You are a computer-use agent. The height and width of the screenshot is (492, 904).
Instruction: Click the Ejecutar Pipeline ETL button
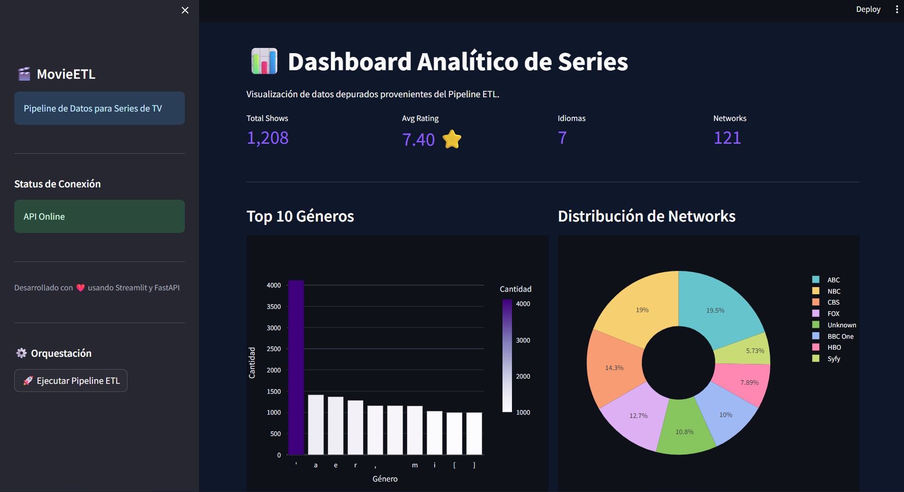point(71,381)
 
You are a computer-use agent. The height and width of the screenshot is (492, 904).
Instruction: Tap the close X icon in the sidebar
point(185,10)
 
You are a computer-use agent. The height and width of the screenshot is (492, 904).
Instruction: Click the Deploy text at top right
point(867,9)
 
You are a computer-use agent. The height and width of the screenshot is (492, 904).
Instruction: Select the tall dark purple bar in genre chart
point(296,368)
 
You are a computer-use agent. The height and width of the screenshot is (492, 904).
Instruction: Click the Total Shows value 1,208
point(267,138)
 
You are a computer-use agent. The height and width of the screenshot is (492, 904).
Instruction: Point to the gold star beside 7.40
point(452,139)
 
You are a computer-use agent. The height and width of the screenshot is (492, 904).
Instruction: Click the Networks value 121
point(727,138)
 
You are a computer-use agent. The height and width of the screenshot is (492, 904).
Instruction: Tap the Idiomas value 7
point(562,138)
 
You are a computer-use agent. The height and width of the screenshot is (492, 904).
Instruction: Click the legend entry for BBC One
point(840,336)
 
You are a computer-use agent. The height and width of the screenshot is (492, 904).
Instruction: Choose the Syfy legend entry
point(833,359)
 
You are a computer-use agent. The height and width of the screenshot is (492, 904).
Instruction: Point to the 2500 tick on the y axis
point(274,349)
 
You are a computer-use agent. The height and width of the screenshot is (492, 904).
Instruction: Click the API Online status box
point(100,216)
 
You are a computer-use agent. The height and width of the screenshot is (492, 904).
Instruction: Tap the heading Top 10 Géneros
point(300,216)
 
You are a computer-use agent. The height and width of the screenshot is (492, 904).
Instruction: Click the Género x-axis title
point(385,479)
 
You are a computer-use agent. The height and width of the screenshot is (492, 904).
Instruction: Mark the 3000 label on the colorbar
point(523,340)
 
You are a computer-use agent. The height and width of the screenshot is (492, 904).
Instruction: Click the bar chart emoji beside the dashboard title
point(264,61)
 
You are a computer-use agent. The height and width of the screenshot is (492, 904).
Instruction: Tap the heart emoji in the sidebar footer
point(80,288)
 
